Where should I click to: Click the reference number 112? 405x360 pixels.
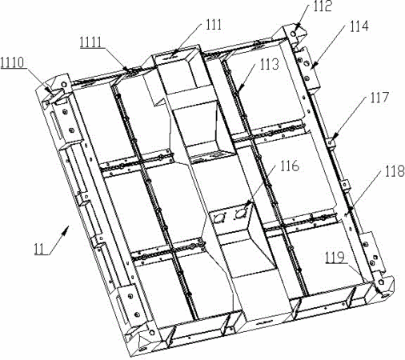pos(323,6)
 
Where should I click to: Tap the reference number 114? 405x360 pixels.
pos(359,26)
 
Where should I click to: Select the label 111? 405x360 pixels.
pos(214,25)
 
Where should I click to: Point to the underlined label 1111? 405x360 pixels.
pos(91,42)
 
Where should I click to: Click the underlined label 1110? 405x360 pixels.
pos(12,63)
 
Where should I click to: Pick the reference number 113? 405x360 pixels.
pos(270,65)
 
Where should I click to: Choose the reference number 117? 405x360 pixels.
pos(379,98)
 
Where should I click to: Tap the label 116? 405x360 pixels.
pos(290,166)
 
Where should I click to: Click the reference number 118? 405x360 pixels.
pos(395,171)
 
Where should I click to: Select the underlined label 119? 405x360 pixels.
pos(335,258)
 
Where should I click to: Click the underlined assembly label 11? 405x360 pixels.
pos(39,249)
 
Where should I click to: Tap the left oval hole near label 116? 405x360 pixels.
pos(220,218)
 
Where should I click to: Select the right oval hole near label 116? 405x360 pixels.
pos(241,213)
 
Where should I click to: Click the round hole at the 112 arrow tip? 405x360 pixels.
pos(294,34)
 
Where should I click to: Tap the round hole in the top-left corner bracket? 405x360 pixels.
pos(64,84)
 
